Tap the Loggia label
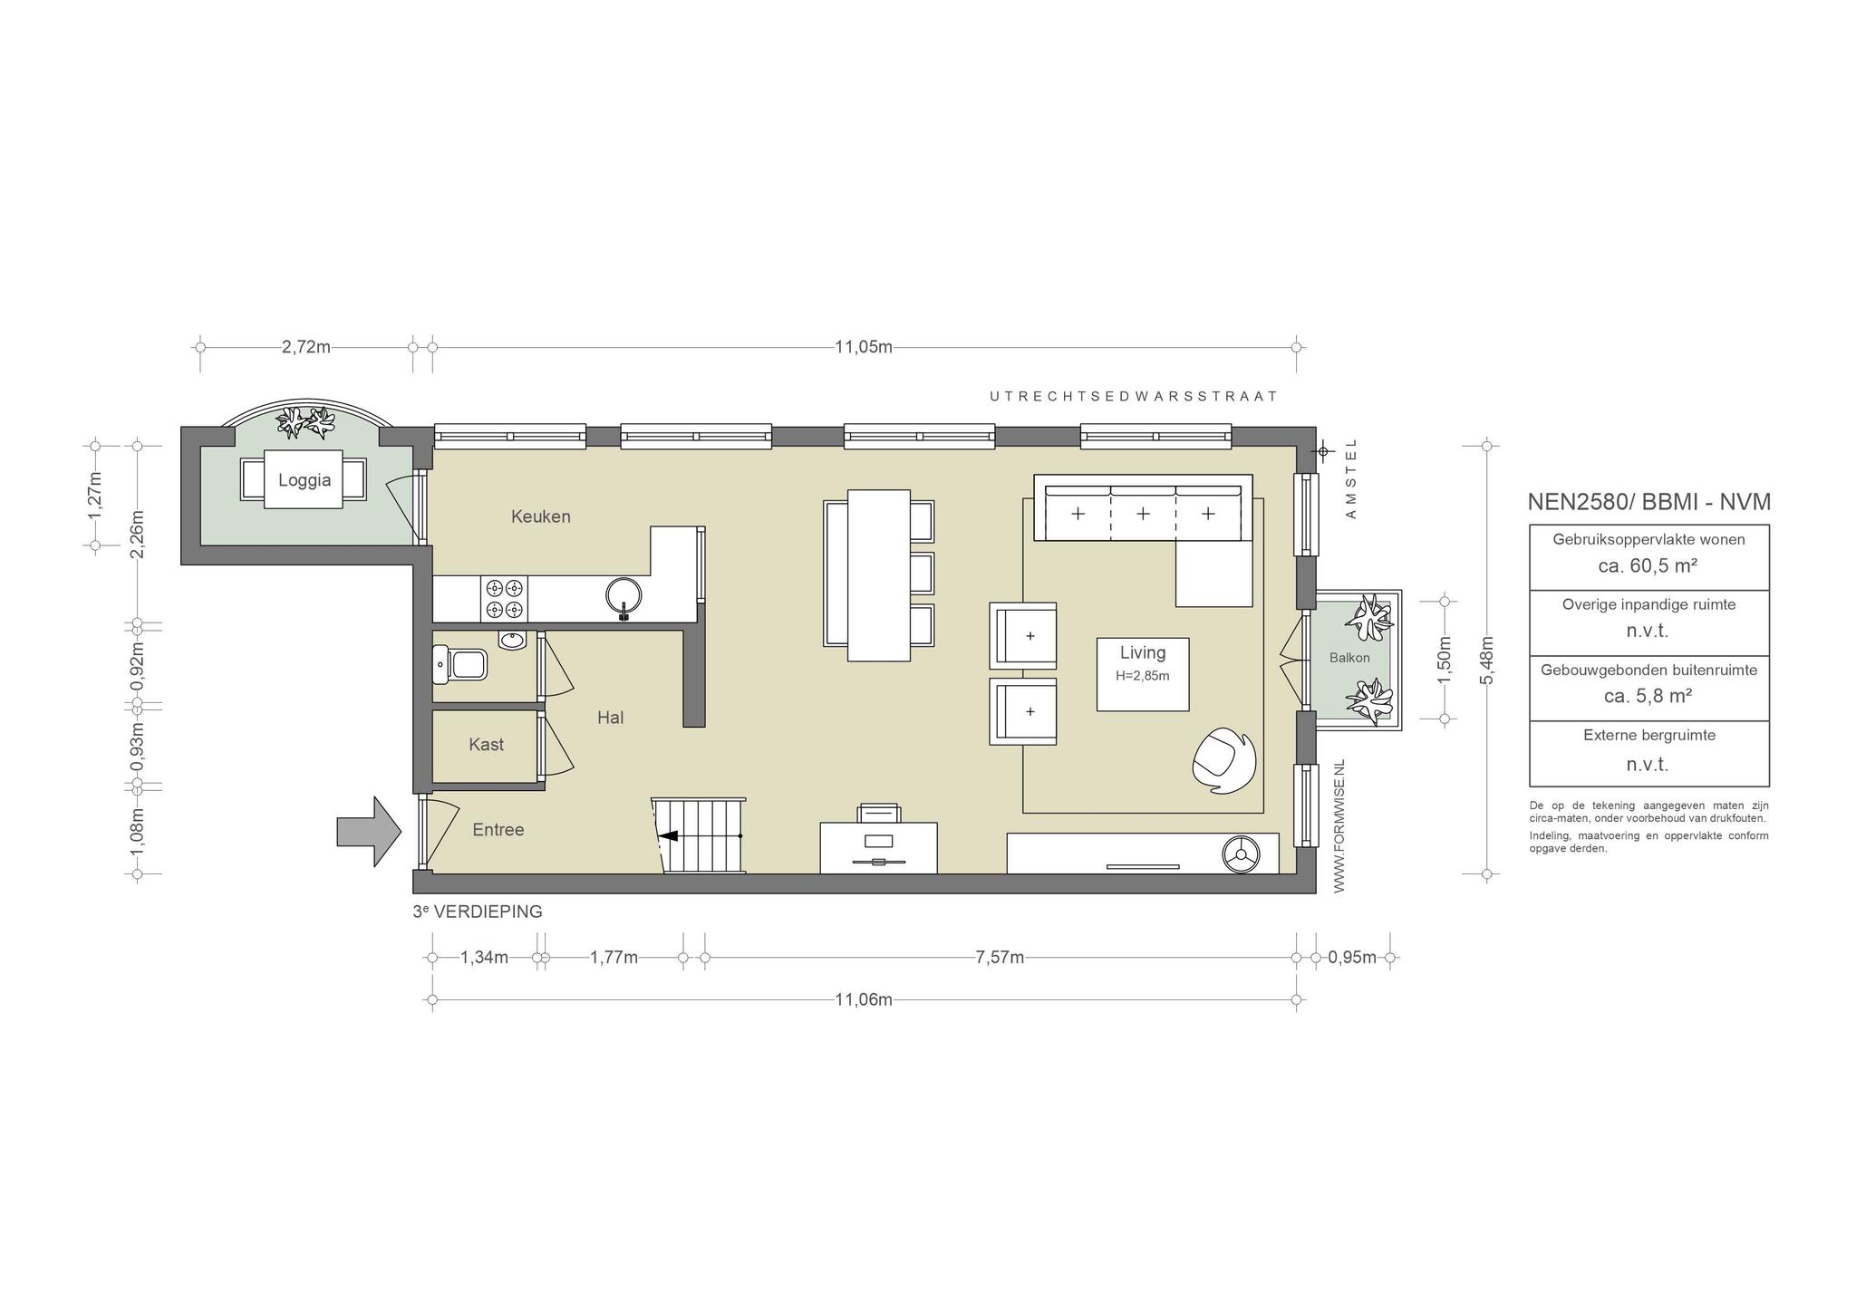pyautogui.click(x=304, y=480)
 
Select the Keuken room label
pyautogui.click(x=541, y=516)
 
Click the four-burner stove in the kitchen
pyautogui.click(x=505, y=598)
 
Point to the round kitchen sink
pyautogui.click(x=624, y=595)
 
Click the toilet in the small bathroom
pyautogui.click(x=460, y=665)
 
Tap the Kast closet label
pyautogui.click(x=487, y=745)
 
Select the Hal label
pyautogui.click(x=611, y=718)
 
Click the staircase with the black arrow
pyautogui.click(x=699, y=835)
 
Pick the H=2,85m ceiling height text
pyautogui.click(x=1143, y=676)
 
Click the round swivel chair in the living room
pyautogui.click(x=1224, y=761)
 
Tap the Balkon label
pyautogui.click(x=1349, y=658)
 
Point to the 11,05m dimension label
pyautogui.click(x=864, y=347)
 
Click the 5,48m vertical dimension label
pyautogui.click(x=1487, y=660)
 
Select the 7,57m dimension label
pyautogui.click(x=1000, y=958)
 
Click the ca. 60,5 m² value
pyautogui.click(x=1648, y=565)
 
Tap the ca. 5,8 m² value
pyautogui.click(x=1648, y=696)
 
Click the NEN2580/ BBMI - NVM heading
pyautogui.click(x=1649, y=502)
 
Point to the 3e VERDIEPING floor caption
pyautogui.click(x=478, y=912)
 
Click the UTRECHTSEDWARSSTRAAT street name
pyautogui.click(x=1134, y=396)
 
